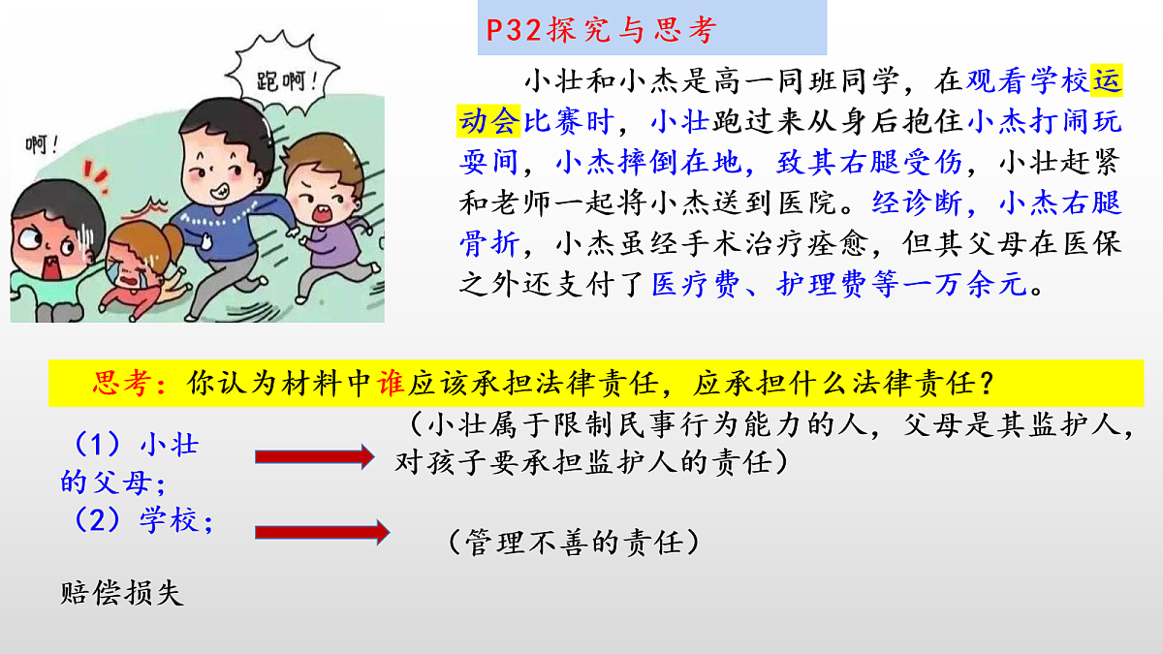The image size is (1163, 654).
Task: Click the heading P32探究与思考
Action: (x=600, y=30)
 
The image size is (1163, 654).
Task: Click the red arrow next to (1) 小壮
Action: (x=312, y=455)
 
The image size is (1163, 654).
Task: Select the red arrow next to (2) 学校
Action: (x=321, y=531)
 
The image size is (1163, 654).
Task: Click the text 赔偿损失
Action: (x=121, y=593)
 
